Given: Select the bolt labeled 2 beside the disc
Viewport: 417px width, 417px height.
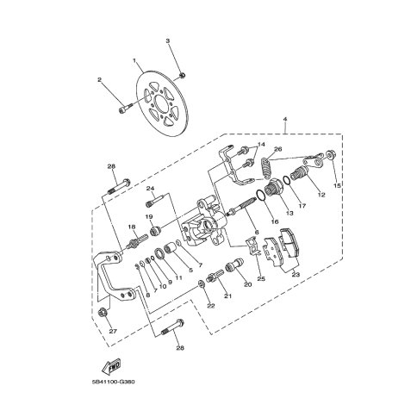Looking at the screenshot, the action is (125, 109).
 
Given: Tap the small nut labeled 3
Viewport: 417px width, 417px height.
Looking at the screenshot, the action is (182, 75).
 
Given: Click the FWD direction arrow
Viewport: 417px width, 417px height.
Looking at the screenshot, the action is (111, 365).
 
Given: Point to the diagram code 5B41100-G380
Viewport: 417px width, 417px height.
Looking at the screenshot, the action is (114, 382).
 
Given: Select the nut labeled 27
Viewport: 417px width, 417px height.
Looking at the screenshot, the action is (103, 312).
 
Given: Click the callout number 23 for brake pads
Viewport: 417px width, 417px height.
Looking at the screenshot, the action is (296, 275).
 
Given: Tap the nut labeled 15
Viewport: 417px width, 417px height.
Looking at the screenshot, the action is (331, 155).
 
